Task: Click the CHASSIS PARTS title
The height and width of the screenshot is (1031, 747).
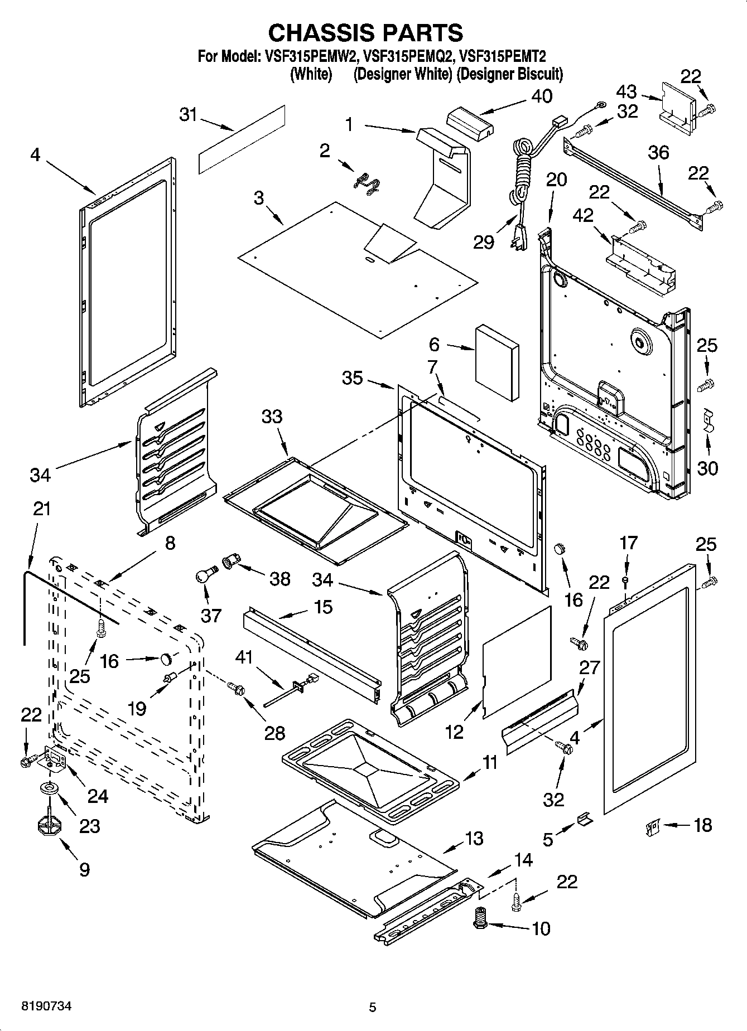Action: click(365, 33)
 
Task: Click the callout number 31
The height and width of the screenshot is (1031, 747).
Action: click(189, 115)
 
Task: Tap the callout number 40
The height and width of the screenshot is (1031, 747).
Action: click(541, 96)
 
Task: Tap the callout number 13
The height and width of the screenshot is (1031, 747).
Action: click(474, 839)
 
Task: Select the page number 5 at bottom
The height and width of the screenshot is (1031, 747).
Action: click(372, 1007)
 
